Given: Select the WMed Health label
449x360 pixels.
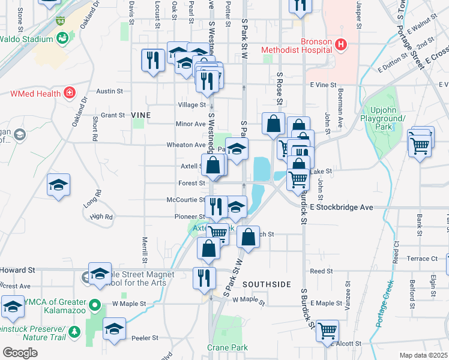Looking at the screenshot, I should click(35, 93).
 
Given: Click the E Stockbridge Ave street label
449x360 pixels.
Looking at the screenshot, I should click(342, 207).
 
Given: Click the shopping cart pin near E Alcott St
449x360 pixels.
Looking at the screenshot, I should click(327, 331).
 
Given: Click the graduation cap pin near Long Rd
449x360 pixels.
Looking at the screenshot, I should click(58, 185).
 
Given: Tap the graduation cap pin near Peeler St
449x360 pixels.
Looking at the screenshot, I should click(113, 329).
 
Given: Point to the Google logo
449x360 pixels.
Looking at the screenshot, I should click(20, 353).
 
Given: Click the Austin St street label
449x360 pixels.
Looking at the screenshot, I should click(110, 91).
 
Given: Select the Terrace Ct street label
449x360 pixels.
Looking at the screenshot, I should click(422, 259).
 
